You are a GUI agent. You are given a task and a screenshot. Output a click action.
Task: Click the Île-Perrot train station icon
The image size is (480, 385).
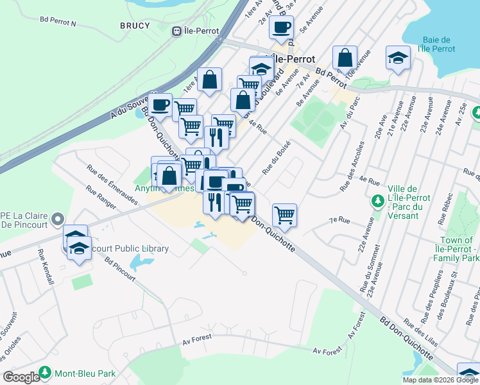[177, 31]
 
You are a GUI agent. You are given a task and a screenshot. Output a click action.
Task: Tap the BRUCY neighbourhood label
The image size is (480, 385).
[135, 26]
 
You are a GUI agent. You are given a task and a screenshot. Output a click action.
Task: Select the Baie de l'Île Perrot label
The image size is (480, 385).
[436, 44]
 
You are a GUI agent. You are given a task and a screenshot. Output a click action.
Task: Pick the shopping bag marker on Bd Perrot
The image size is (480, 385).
[345, 58]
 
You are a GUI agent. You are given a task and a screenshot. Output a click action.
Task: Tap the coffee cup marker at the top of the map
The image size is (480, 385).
[280, 28]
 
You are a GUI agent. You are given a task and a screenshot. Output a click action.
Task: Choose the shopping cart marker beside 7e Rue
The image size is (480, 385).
[284, 214]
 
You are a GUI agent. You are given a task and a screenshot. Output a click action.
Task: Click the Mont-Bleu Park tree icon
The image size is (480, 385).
[45, 372]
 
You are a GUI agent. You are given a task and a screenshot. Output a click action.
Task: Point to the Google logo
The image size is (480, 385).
[21, 377]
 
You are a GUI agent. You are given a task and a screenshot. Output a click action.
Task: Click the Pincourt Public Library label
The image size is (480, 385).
[128, 248]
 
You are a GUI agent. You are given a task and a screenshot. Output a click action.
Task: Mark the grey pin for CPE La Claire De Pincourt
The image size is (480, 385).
[57, 219]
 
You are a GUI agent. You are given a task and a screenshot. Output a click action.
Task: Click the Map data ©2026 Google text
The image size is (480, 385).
[440, 380]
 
